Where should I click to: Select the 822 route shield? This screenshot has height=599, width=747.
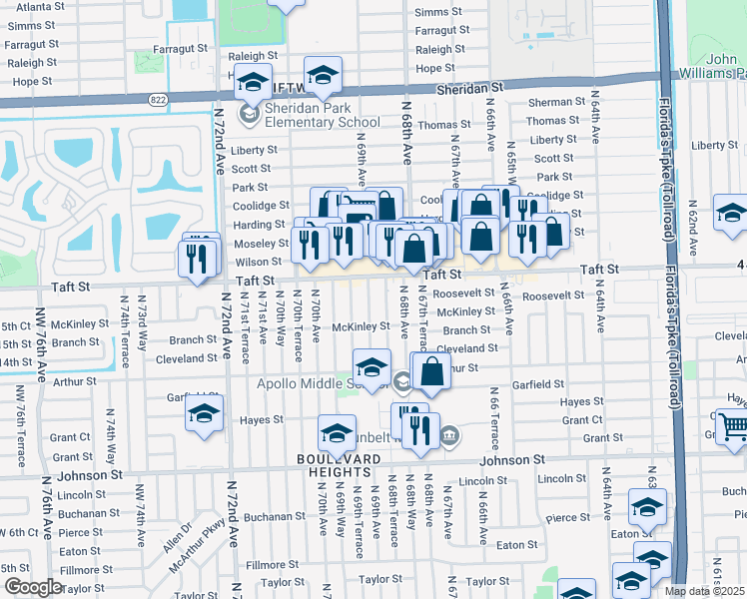pos(160,99)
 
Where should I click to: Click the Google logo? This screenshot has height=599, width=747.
pos(33,587)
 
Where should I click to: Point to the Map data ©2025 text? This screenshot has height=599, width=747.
pos(705,591)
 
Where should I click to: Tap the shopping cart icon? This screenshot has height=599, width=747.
pos(733,426)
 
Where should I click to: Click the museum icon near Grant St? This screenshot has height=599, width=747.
pos(449,434)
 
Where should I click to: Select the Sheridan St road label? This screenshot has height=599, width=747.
pos(468,89)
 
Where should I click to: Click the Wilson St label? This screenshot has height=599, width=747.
pos(259,263)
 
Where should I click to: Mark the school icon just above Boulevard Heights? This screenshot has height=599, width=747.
pos(338,434)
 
